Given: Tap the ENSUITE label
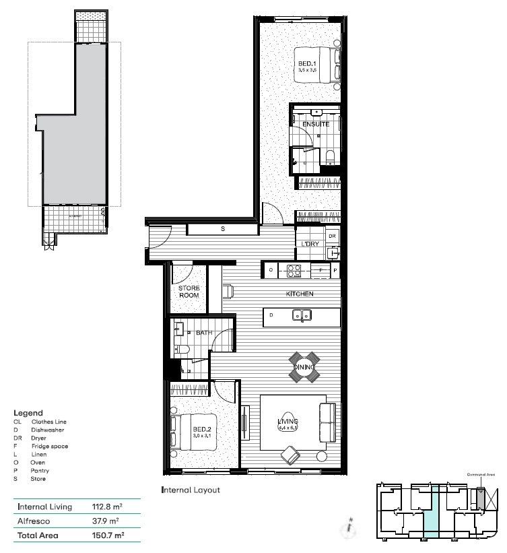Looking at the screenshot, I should pos(316,125).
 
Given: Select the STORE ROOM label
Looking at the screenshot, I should pos(189,292).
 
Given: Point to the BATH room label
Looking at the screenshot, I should pos(204,333).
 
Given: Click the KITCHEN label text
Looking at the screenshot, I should pos(299,294).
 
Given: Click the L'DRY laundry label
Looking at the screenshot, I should pos(310,243).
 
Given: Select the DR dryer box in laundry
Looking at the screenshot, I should pos(331,236).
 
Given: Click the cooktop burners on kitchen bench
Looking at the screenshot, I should pos(294,271).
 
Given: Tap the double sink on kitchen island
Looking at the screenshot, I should pos(301,315).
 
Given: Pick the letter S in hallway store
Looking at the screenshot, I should pos(223,230).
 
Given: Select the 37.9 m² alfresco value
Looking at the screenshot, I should pos(104,521).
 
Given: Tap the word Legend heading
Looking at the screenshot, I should pos(28,413).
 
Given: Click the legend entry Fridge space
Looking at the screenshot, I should pos(50,447).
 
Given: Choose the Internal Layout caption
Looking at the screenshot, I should pos(191,490).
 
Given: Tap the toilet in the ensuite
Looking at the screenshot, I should pos(330,158).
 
